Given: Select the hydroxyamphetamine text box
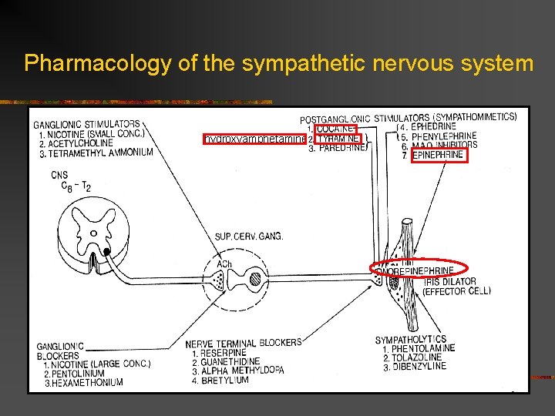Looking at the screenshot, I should point(254,139).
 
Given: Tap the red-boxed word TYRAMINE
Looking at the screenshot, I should point(338,139).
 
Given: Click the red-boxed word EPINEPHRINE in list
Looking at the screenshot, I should point(438,155).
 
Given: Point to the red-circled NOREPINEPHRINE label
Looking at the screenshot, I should point(419,270).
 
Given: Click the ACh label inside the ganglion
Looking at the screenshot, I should point(224,264).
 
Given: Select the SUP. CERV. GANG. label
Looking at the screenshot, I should point(249,236).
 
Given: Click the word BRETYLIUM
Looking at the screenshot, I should point(224,381).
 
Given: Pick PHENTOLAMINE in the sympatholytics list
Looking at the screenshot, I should point(422,349).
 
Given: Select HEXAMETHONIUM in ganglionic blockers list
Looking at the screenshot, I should point(87,382).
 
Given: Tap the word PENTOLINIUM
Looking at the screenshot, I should point(83,373).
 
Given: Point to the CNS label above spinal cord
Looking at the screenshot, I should point(60,175).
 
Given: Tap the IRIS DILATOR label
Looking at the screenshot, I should point(449,281).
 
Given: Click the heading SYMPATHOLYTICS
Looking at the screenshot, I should point(410,339).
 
